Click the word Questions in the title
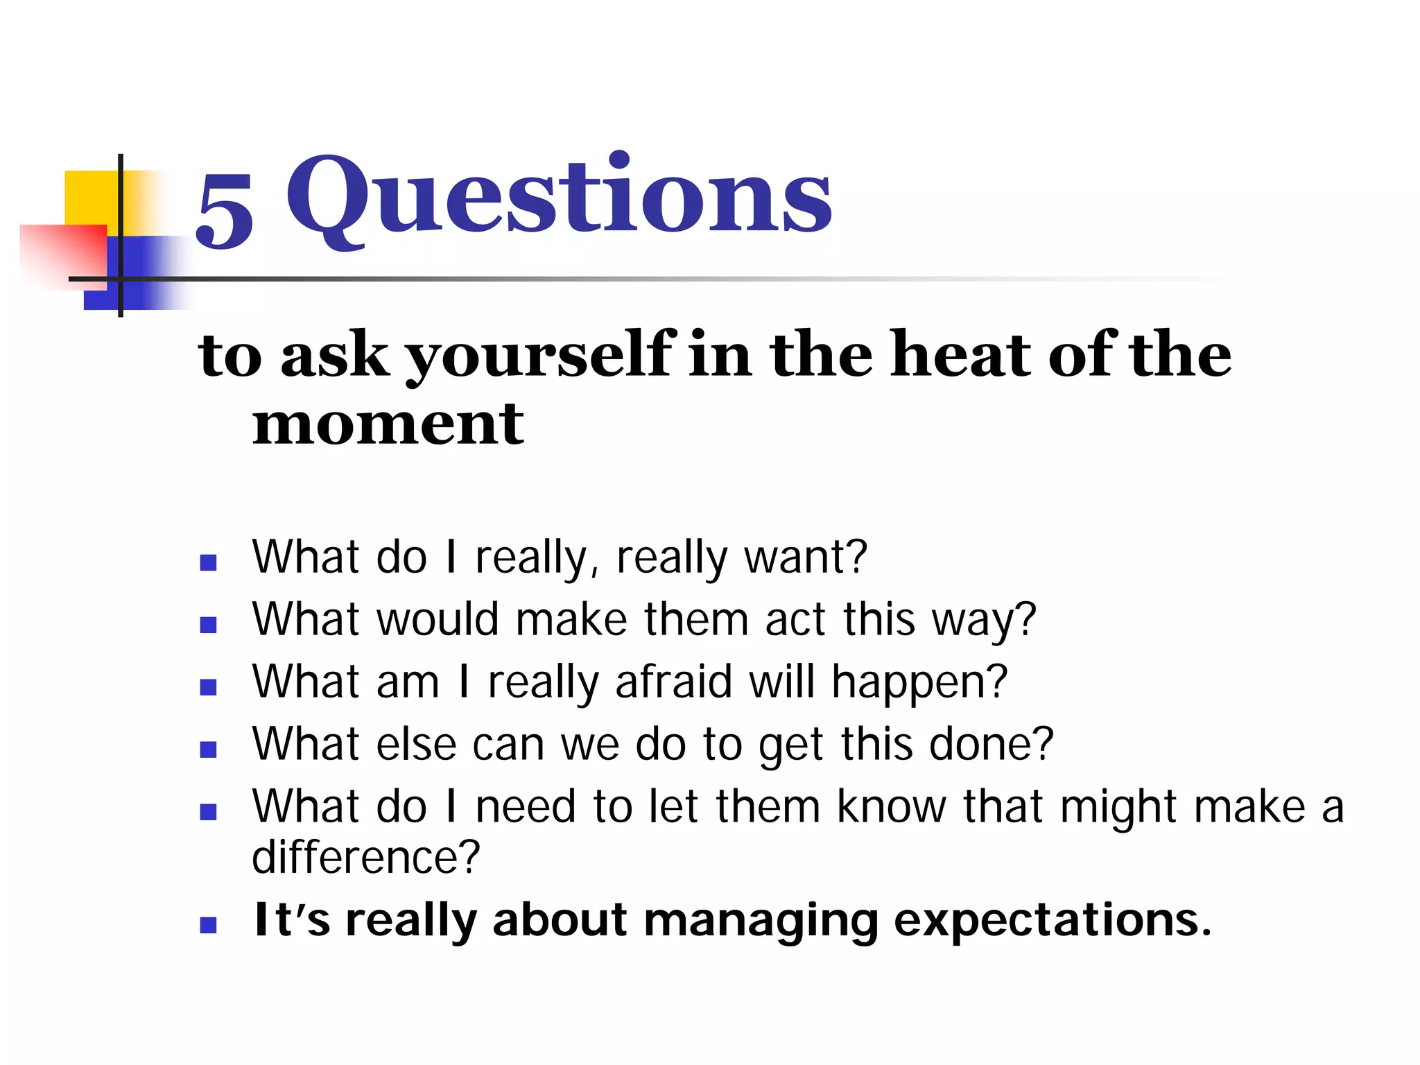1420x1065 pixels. (x=559, y=196)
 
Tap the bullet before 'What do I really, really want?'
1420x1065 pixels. (x=208, y=562)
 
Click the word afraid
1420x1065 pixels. (x=673, y=682)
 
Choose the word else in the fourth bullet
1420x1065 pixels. (x=416, y=744)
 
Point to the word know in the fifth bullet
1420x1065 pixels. (x=891, y=806)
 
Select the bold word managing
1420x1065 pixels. (x=761, y=921)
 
